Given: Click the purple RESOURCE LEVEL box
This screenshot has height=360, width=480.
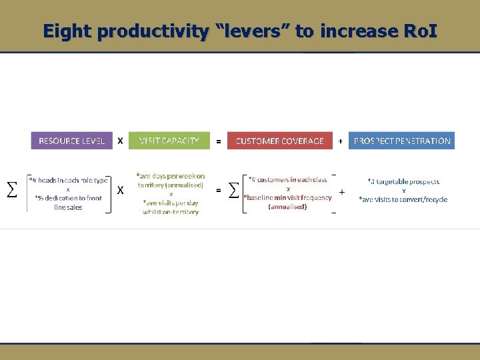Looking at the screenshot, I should (71, 141).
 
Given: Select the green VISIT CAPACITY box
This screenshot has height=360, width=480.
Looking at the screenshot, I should (169, 141).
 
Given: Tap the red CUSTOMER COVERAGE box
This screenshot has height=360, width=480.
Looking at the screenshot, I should (279, 141).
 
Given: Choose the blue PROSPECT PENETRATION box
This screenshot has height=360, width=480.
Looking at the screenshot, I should (401, 141).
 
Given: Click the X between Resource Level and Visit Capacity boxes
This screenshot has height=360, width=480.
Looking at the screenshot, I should (120, 141).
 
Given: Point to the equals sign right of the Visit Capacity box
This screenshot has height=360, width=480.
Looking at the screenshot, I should (218, 141).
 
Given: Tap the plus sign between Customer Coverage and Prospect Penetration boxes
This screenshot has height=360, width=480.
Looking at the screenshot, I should (340, 141).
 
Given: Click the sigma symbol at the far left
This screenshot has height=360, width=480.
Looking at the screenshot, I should (11, 190).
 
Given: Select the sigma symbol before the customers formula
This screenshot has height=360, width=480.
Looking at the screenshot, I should (233, 191).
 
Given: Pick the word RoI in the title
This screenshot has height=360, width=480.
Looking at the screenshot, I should (419, 31).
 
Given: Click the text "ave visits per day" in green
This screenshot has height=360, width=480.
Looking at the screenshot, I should (171, 203).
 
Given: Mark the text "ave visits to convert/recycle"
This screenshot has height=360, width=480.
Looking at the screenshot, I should (403, 199).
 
